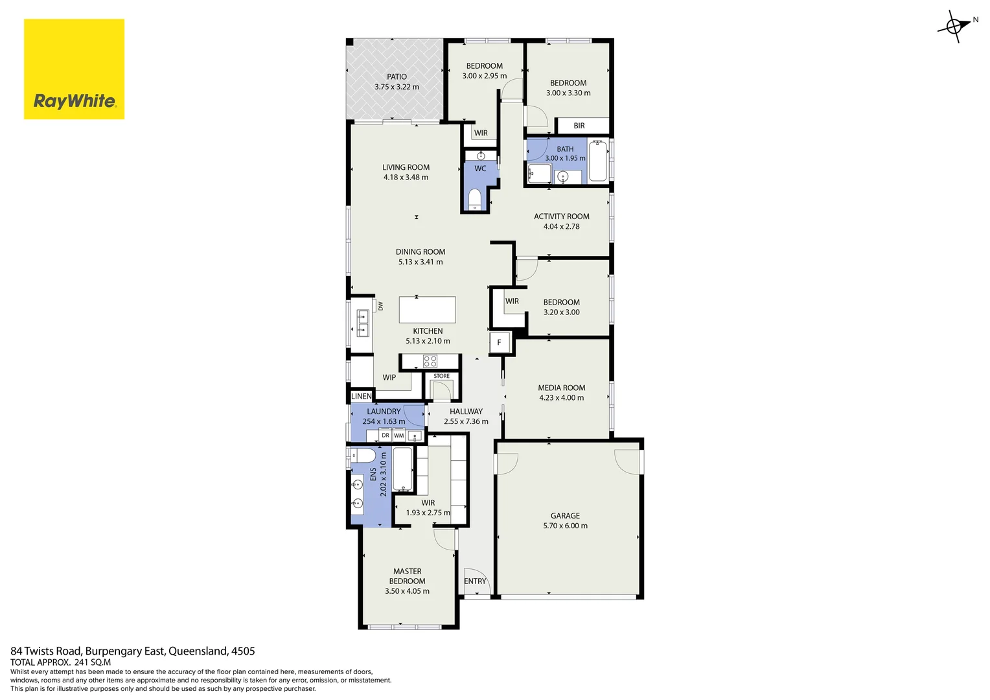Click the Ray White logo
click(74, 69)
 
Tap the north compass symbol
click(954, 27)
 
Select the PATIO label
click(397, 76)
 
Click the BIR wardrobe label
click(579, 126)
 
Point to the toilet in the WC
click(475, 198)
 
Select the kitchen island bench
click(427, 310)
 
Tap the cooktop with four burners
click(430, 362)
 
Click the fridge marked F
click(499, 342)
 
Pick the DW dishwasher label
click(381, 306)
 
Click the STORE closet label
click(441, 376)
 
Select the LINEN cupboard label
click(362, 396)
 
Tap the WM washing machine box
click(399, 436)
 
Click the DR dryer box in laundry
click(386, 436)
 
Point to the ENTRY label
click(475, 581)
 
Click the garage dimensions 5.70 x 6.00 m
click(565, 526)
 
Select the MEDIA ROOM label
click(561, 388)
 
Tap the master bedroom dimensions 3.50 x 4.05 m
click(407, 591)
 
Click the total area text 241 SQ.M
click(93, 662)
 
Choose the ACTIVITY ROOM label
click(561, 216)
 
